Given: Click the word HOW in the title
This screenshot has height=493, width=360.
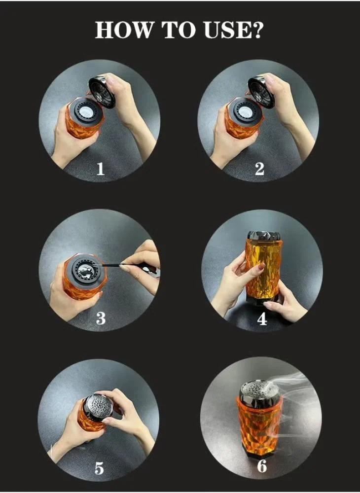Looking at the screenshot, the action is (x=124, y=30).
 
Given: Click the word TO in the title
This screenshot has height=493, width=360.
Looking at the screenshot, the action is (x=178, y=30).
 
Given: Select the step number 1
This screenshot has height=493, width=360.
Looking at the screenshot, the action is (x=100, y=169).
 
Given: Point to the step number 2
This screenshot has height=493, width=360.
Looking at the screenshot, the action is (x=259, y=169).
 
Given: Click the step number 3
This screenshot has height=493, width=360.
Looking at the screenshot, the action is (x=101, y=318).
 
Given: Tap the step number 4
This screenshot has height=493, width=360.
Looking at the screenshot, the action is (x=261, y=318).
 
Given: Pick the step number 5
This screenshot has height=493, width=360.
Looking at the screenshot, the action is (x=99, y=468).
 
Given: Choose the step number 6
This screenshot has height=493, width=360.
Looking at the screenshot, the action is (x=262, y=466).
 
